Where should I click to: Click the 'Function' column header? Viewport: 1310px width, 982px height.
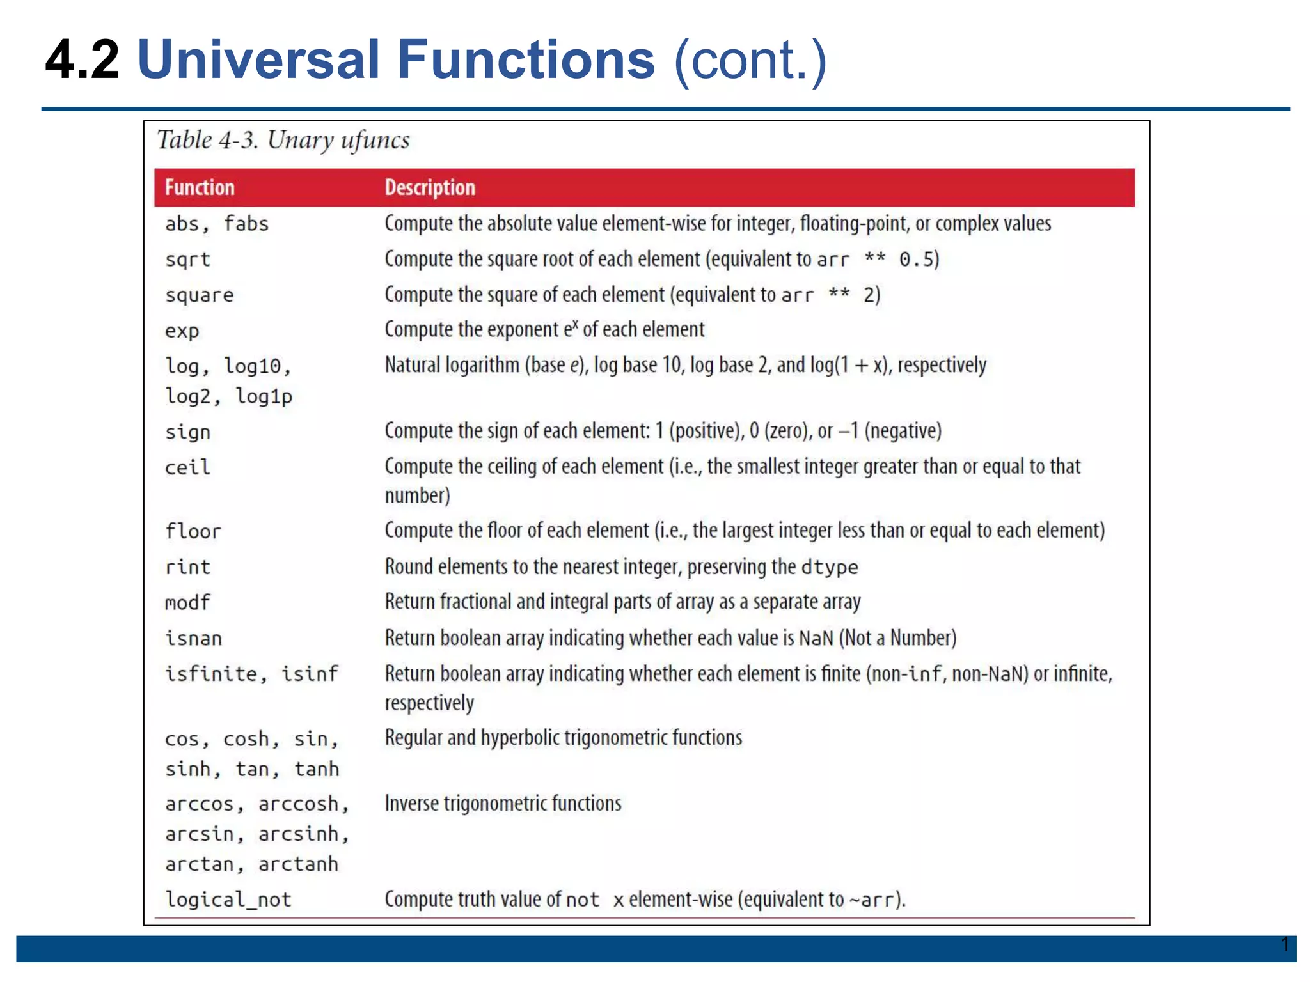[x=200, y=187]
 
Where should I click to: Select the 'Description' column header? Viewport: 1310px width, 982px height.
[x=430, y=187]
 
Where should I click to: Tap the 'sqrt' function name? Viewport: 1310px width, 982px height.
[x=187, y=260]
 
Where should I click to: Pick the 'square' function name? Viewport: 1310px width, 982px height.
[x=200, y=295]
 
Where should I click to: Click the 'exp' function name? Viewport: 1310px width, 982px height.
[x=182, y=331]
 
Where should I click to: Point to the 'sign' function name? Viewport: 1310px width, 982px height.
[x=187, y=432]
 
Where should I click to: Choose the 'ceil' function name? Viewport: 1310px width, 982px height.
[x=187, y=467]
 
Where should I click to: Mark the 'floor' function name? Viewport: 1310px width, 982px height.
[x=193, y=531]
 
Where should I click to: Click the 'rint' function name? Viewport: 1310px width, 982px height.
[x=187, y=567]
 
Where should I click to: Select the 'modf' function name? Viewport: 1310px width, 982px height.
[x=187, y=602]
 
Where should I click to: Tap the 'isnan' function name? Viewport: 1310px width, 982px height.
[x=193, y=638]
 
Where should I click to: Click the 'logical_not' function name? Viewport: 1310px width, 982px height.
[x=228, y=900]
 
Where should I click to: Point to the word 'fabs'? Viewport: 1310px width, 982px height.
[x=246, y=224]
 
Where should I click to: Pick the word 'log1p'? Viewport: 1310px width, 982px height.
[x=264, y=396]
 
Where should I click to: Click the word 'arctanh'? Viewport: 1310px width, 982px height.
[x=298, y=864]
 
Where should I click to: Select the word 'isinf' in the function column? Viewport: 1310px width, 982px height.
[x=310, y=674]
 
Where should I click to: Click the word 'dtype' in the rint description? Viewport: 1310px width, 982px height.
[x=829, y=567]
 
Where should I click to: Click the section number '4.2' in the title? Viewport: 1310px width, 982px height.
[x=82, y=59]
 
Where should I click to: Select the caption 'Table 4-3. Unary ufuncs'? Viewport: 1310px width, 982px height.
[x=283, y=140]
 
